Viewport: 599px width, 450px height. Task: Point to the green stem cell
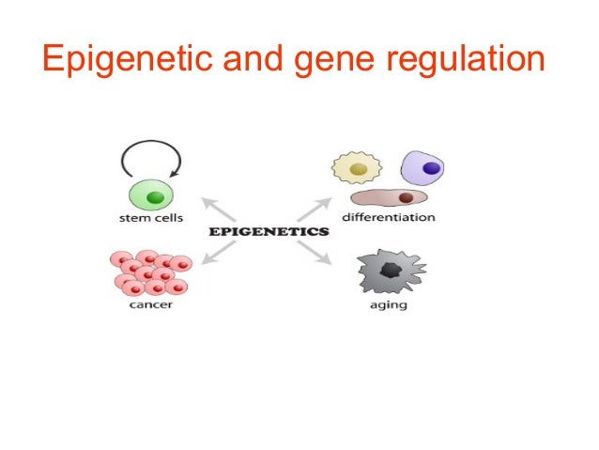(152, 198)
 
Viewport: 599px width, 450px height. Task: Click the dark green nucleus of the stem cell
(155, 198)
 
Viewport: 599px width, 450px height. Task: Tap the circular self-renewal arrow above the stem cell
(151, 161)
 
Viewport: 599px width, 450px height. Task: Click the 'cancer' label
(148, 305)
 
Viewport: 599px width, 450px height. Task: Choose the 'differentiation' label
(388, 218)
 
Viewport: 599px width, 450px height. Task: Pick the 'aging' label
(389, 305)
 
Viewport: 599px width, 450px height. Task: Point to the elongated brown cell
(389, 198)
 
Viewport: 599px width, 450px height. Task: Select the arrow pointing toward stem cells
(218, 208)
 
